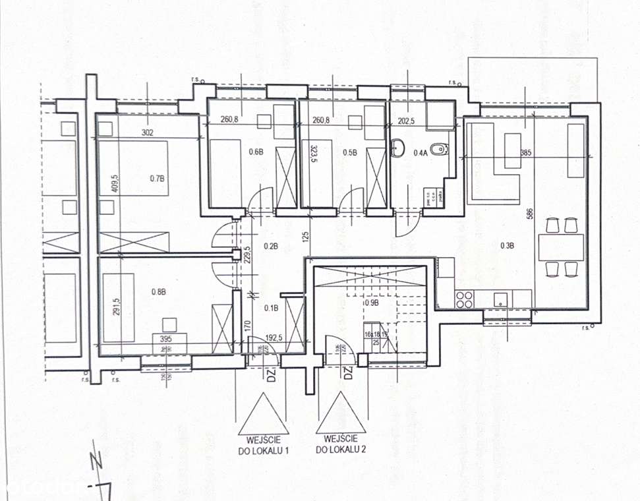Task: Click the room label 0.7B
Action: (x=156, y=177)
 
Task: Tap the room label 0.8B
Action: (x=158, y=291)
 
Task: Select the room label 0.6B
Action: (x=256, y=152)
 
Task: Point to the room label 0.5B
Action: (x=350, y=152)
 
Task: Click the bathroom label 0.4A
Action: (x=420, y=152)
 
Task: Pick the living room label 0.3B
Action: (x=506, y=246)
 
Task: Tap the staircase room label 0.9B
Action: (x=372, y=304)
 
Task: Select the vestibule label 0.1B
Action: (x=271, y=307)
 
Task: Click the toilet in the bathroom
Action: (x=437, y=148)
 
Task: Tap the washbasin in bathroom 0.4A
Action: (x=398, y=148)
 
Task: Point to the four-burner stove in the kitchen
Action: (x=464, y=299)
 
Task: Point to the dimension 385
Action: (x=525, y=152)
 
